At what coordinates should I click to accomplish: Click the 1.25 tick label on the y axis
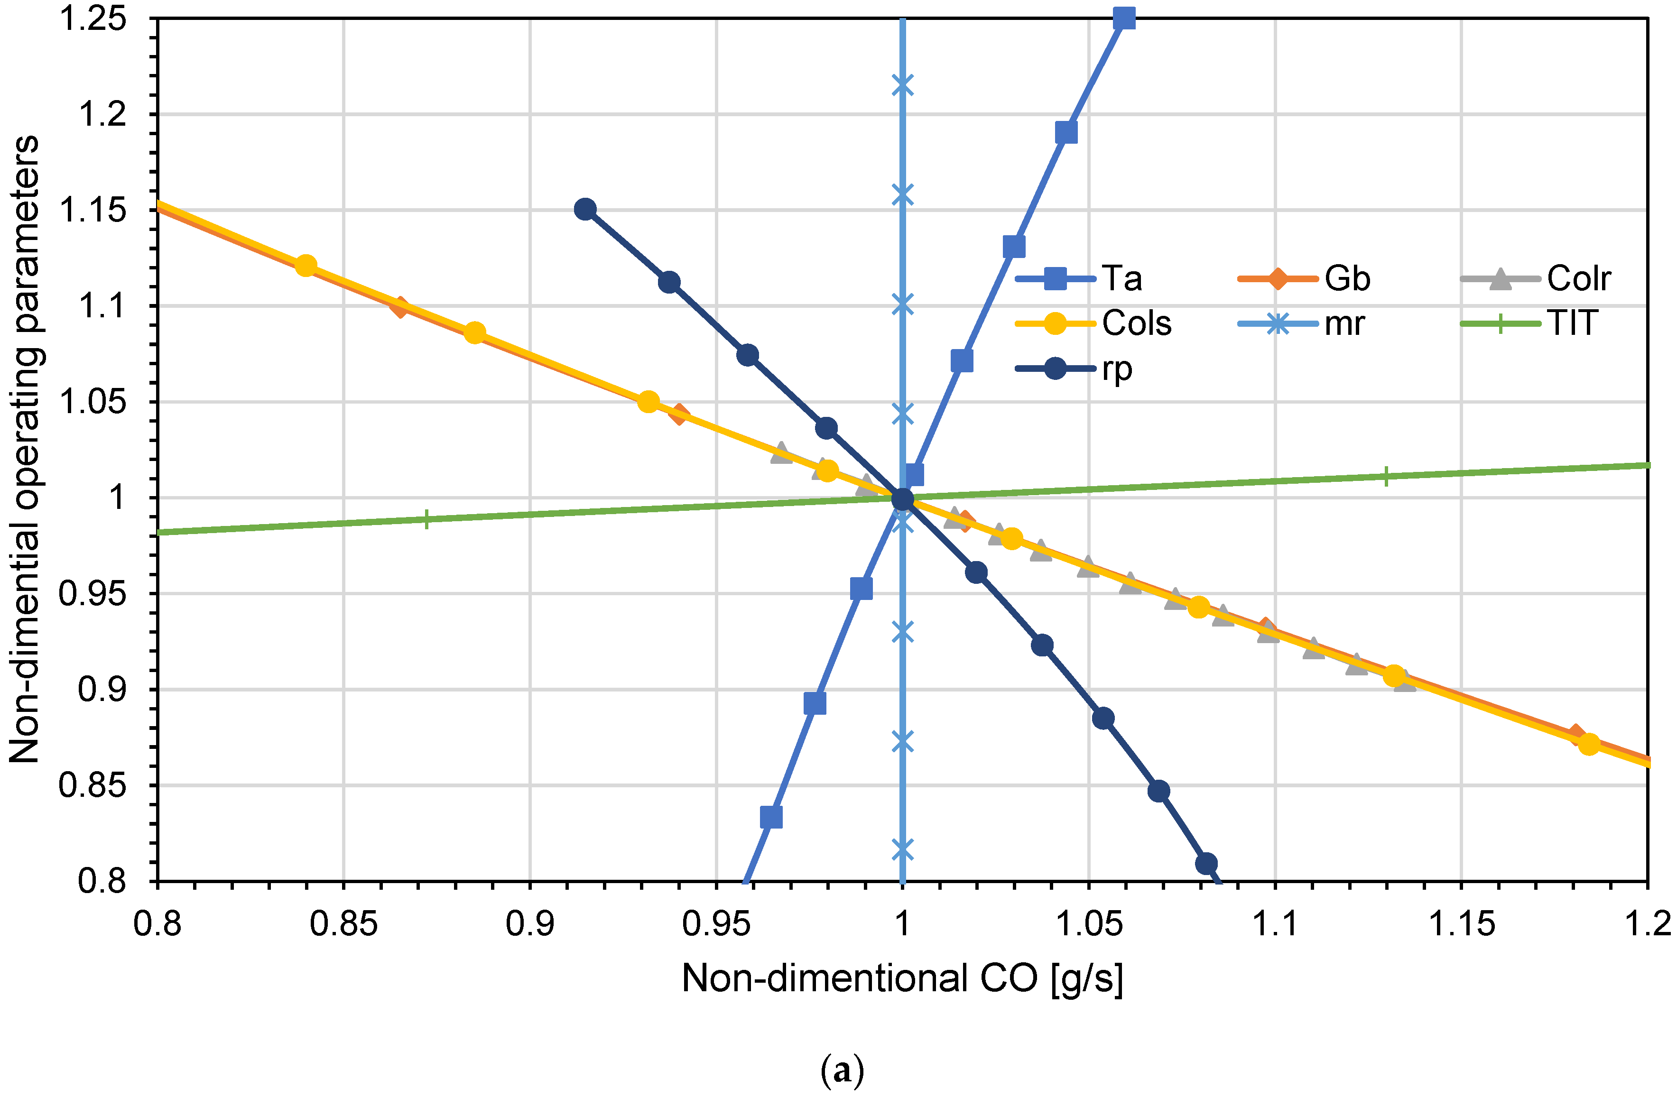pos(93,19)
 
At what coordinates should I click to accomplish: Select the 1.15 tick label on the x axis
pos(1461,924)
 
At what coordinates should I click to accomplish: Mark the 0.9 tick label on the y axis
pos(102,689)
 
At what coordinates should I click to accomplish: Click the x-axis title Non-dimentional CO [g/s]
pos(902,978)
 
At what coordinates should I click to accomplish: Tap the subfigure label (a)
pos(842,1072)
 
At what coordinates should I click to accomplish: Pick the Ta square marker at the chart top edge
pos(1125,18)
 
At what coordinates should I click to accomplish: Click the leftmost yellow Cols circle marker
pos(305,266)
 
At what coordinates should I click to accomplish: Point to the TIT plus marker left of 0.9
pos(426,519)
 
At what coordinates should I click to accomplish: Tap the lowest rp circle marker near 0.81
pos(1206,863)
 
